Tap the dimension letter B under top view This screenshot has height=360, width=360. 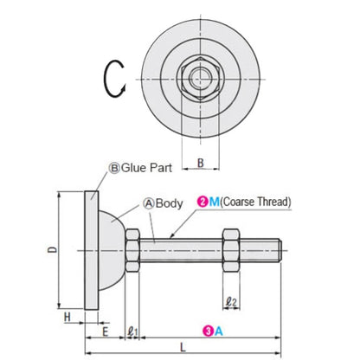point(201,161)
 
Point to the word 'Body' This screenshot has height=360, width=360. point(169,204)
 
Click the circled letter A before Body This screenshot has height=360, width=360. point(148,204)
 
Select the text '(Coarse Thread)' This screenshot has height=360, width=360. point(254,202)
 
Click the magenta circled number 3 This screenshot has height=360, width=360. point(209,330)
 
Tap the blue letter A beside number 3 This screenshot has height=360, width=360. point(221,330)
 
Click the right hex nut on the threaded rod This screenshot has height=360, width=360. point(229,252)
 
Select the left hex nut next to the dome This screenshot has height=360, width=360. point(133,252)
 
